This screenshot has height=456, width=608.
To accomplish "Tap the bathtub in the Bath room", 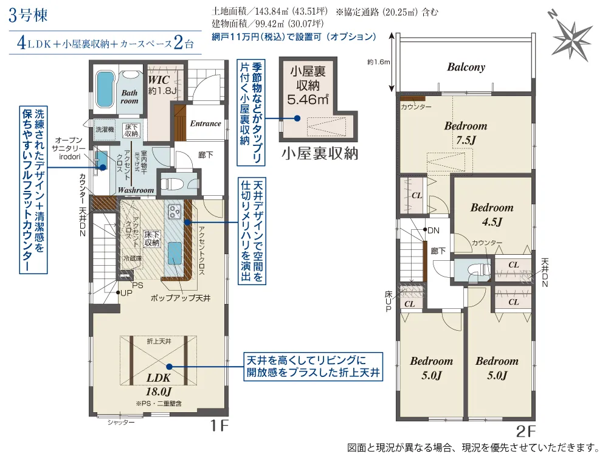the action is tap(103, 88).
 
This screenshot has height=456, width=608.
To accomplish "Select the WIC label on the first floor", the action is tap(159, 80).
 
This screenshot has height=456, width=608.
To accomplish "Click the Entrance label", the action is tap(206, 123).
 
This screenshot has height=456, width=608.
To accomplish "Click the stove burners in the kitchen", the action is tap(174, 212).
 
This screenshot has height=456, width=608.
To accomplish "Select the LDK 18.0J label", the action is tap(159, 384).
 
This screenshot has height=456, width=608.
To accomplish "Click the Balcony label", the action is tap(466, 67).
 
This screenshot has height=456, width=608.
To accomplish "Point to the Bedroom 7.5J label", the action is tap(465, 133).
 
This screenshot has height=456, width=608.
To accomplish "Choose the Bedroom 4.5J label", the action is tap(492, 215).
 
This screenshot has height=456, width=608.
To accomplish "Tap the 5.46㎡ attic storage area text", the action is tap(308, 100).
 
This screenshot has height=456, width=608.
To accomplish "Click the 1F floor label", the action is tap(219, 426).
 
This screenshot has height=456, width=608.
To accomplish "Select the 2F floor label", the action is tap(525, 431).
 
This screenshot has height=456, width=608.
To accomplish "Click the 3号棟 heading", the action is tap(29, 16).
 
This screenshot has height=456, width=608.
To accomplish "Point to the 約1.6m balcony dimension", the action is tap(378, 61).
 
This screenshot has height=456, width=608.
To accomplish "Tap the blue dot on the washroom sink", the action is tap(103, 168).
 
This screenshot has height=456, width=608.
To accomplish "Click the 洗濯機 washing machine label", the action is tap(105, 130).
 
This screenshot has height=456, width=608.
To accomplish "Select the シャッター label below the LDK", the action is tap(121, 423).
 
